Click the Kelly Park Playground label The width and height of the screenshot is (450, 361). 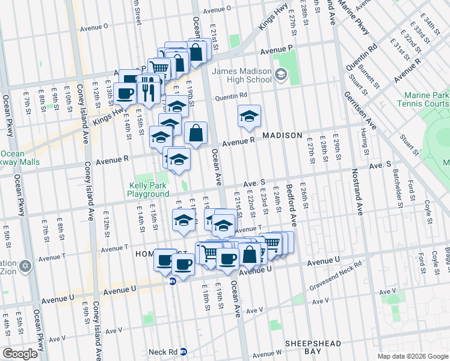coord(148,190)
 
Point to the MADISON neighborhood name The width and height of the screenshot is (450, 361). coord(282,135)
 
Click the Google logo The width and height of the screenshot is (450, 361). coord(20,354)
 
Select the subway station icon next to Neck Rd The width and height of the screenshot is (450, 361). coord(184,352)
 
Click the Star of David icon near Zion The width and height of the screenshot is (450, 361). coord(25,265)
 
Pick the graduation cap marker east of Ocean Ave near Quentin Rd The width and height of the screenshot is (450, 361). coord(248,116)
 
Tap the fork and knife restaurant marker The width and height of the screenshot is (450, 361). coord(147,90)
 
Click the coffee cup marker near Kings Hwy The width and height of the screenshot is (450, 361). coord(125,93)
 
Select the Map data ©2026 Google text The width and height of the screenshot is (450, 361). coord(413,356)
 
